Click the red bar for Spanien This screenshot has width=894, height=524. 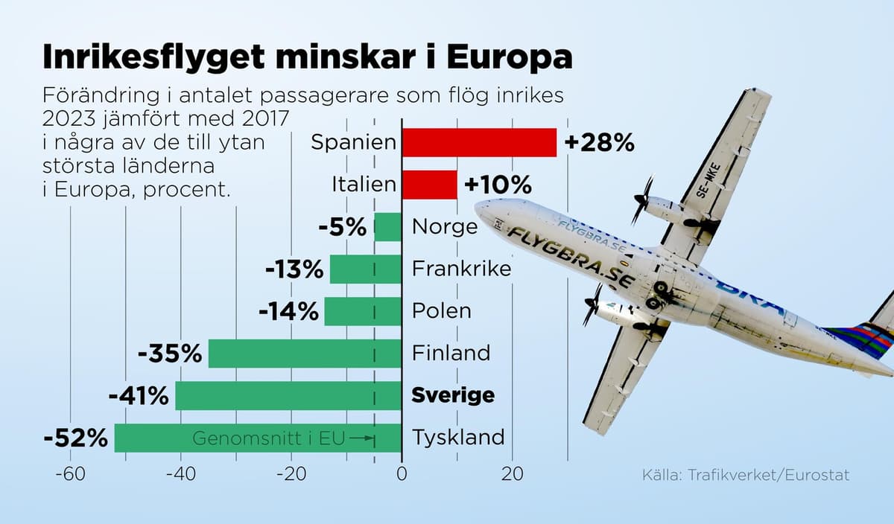[x=479, y=142]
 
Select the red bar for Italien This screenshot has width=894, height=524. [x=429, y=185]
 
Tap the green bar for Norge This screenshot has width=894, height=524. [x=387, y=227]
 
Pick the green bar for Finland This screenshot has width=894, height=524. [x=305, y=354]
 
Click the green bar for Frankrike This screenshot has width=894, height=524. [x=365, y=269]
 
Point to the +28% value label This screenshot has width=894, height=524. [x=599, y=143]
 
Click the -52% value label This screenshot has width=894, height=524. [x=76, y=438]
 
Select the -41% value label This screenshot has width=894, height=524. [x=139, y=396]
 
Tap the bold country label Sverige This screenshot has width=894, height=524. [x=453, y=395]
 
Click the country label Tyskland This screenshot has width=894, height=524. [x=458, y=438]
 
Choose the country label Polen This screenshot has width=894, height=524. [x=442, y=310]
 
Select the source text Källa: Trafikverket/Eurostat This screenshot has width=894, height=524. [x=745, y=475]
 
